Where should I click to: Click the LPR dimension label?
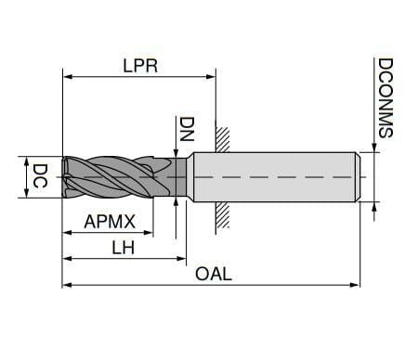[140, 66]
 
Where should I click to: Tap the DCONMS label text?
[385, 97]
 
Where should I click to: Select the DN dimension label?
[187, 129]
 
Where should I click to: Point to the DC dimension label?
[40, 175]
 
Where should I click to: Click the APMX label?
[110, 222]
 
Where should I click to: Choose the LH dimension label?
[124, 248]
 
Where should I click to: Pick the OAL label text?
[214, 274]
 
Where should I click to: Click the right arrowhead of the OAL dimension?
[355, 285]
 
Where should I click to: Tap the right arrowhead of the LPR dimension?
[211, 76]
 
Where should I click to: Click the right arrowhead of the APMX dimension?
[149, 232]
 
